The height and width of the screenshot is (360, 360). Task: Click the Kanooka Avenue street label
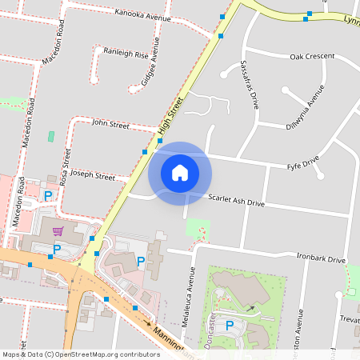143,14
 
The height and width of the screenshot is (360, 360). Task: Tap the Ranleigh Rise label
126,54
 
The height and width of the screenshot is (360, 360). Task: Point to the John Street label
110,124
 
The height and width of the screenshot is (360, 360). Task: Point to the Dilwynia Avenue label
305,107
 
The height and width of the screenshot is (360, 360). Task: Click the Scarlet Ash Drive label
236,201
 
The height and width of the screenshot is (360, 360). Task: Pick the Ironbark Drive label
320,259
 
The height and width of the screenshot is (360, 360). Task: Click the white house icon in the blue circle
180,173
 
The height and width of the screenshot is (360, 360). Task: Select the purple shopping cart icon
58,231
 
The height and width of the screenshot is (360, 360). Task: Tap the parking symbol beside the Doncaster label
230,326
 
